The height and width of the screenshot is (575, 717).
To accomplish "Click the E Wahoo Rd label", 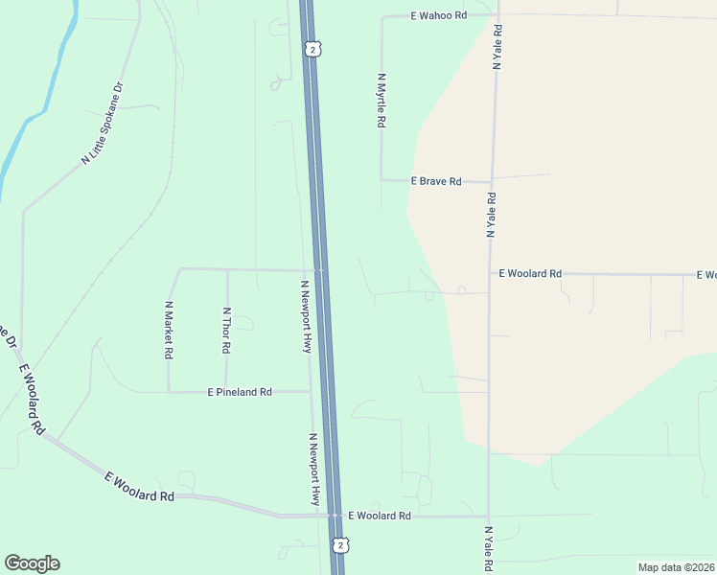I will [439, 16].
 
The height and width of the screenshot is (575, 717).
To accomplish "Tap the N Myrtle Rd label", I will [382, 102].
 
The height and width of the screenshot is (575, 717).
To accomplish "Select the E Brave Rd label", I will [436, 181].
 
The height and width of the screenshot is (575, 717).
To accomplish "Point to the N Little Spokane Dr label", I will [104, 124].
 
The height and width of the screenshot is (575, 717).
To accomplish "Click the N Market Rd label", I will [169, 331].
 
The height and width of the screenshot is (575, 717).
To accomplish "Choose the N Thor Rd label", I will [226, 331].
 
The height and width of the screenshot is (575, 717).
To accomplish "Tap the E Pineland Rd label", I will [241, 392].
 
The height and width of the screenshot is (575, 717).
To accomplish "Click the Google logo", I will [32, 563].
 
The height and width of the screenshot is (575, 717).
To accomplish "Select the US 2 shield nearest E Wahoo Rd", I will [311, 49].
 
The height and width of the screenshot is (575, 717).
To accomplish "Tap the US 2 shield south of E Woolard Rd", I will [341, 544].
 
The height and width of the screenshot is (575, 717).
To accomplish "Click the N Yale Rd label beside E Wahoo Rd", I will [497, 47].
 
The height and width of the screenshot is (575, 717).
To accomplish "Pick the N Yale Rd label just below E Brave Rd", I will [490, 215].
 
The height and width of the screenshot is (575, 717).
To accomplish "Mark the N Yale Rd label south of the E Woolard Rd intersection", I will [488, 549].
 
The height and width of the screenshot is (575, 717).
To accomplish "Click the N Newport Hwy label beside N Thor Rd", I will [307, 317].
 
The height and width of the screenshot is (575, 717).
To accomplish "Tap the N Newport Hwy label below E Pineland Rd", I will [313, 470].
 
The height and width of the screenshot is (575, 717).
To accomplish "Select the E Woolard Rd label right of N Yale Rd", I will [530, 273].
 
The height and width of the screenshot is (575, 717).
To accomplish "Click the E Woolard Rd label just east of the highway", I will [379, 516].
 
